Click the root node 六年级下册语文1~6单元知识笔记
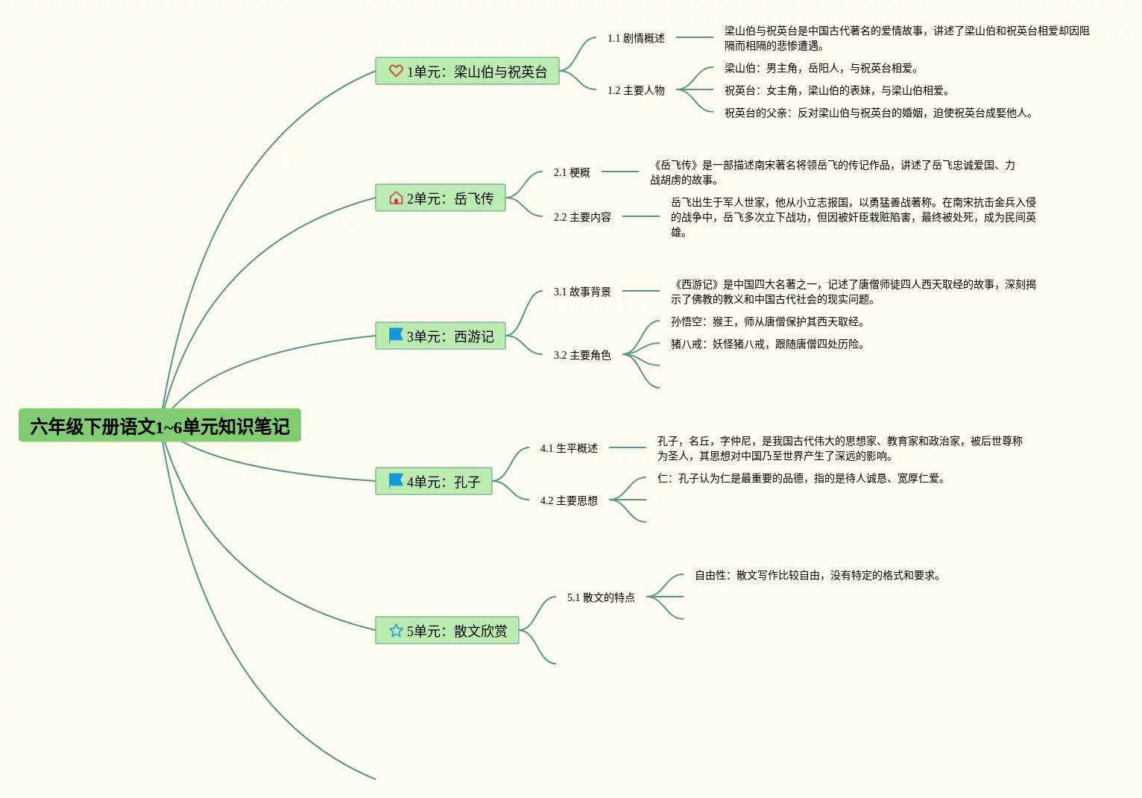[160, 426]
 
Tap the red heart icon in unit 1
[396, 71]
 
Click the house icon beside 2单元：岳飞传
[396, 198]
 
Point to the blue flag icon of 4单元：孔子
[396, 481]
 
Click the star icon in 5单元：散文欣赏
[396, 631]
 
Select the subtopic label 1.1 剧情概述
[636, 38]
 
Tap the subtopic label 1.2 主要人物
[636, 90]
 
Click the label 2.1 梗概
[572, 172]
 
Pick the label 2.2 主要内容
[582, 217]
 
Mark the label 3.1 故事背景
[582, 292]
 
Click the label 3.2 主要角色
[582, 355]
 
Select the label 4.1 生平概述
[569, 448]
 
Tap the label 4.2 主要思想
[569, 500]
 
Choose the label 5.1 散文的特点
[601, 597]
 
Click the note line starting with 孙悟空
[767, 321]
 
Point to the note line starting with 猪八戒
[767, 344]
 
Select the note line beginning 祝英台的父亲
[878, 113]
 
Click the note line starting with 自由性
[817, 575]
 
